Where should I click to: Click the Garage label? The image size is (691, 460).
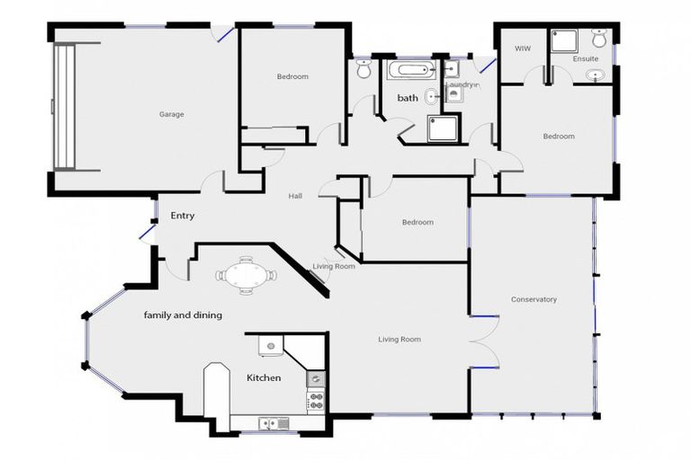[171, 114]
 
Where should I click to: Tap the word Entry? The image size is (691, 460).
[183, 216]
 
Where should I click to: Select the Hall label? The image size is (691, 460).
[295, 196]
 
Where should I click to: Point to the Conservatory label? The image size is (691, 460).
[534, 299]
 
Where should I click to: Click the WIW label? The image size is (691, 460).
[521, 48]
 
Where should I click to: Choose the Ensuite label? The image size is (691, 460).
[586, 59]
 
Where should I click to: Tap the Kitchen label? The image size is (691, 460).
[264, 378]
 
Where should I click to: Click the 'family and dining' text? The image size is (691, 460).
[183, 315]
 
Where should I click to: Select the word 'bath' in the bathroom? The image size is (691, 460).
[408, 98]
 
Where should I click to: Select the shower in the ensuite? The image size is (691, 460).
[564, 40]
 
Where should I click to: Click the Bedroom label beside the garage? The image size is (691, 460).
[292, 77]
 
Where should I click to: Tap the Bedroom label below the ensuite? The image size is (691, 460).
[558, 137]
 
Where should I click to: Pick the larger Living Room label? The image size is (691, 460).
[399, 339]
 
